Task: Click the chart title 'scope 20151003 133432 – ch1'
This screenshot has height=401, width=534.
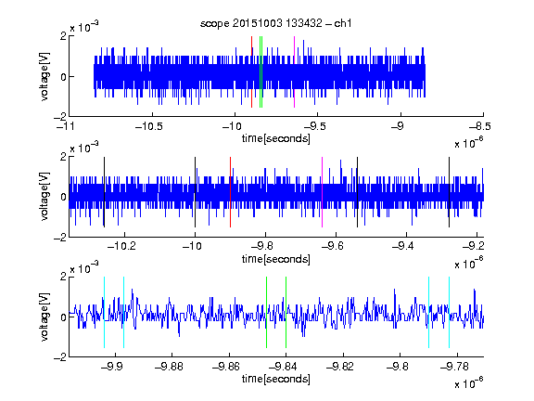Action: [x=275, y=23]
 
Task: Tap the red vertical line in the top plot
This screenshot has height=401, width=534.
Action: [x=251, y=71]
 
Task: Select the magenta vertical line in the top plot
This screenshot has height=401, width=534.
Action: [x=294, y=71]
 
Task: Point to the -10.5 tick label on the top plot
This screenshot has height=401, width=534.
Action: [x=149, y=126]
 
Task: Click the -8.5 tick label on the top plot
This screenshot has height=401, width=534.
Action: [x=480, y=126]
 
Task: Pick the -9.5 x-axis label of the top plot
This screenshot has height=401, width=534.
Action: [x=315, y=126]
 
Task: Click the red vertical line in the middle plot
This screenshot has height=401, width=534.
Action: [x=230, y=192]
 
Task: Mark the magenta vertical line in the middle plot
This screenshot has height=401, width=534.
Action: [x=323, y=192]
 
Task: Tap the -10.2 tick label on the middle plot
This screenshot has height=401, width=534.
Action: [x=121, y=246]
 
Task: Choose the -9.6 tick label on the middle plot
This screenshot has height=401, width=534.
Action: [x=333, y=246]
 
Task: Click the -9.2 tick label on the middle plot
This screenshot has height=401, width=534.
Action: [x=473, y=246]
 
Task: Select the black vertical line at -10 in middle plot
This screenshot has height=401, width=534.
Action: [x=195, y=192]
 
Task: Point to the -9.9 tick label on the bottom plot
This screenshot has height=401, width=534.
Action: [x=112, y=367]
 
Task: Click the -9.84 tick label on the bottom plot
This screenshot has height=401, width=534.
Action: [x=283, y=367]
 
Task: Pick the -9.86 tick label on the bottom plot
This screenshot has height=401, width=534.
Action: [x=226, y=367]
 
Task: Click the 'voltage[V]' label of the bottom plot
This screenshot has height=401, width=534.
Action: [x=44, y=317]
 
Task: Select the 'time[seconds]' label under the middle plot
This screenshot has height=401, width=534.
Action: [x=276, y=259]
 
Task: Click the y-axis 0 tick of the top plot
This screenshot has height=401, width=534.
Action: [x=63, y=77]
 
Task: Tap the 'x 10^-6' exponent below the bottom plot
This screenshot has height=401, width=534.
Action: [x=469, y=383]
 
